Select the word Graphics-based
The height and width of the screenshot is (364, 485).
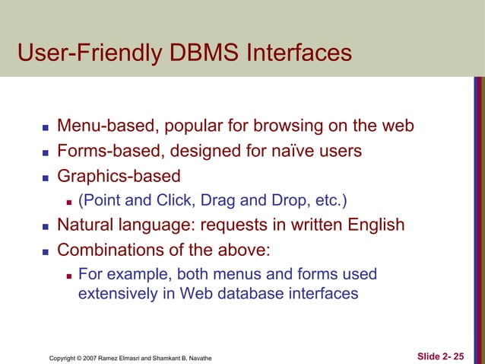[x=119, y=177]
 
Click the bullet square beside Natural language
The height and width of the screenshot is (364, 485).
[x=45, y=227]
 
